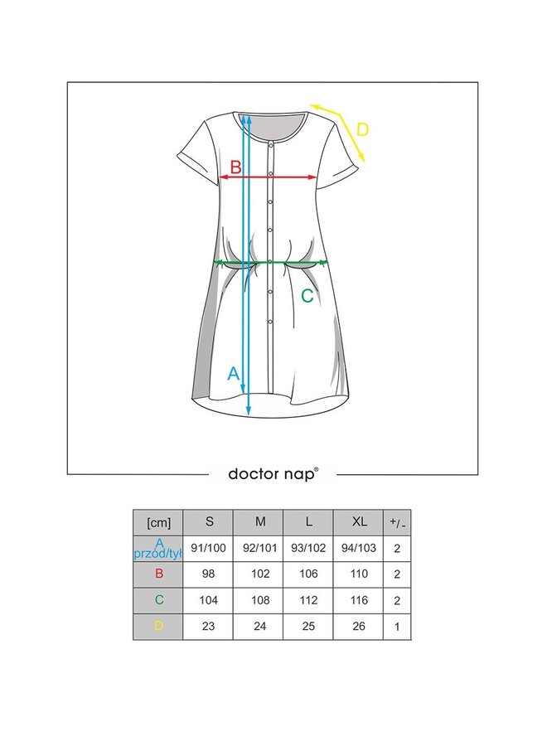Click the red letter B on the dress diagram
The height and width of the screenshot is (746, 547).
click(235, 167)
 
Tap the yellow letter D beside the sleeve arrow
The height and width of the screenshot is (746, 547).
click(362, 129)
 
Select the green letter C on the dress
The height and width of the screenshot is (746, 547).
click(307, 296)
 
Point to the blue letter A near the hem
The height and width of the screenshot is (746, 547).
click(234, 373)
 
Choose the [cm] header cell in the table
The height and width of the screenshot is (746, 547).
click(157, 522)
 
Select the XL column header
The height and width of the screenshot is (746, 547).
click(358, 522)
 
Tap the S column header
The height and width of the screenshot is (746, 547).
click(208, 522)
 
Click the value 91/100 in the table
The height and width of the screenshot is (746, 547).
click(208, 547)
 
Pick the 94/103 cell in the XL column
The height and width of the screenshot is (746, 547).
click(358, 547)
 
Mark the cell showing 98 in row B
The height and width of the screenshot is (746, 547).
click(208, 574)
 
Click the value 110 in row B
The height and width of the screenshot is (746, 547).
click(358, 574)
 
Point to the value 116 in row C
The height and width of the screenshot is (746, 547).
click(358, 600)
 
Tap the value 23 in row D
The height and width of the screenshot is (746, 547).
click(208, 627)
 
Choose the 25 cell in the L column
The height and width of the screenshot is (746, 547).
click(307, 627)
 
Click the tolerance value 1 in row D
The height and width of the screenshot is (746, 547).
click(397, 627)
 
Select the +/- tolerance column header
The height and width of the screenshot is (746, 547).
click(397, 522)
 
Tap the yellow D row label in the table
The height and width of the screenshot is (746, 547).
click(157, 627)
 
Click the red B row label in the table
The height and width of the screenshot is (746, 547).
click(157, 574)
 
